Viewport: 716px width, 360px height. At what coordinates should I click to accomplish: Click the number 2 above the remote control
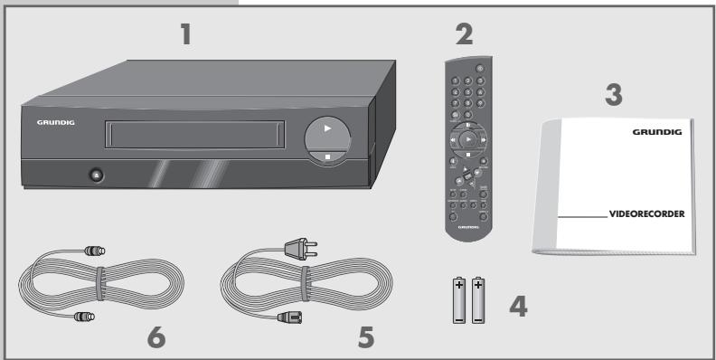tap(463, 37)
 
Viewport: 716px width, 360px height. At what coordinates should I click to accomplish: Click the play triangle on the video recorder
tap(328, 128)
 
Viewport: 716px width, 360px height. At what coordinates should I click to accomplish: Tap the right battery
tap(480, 301)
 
